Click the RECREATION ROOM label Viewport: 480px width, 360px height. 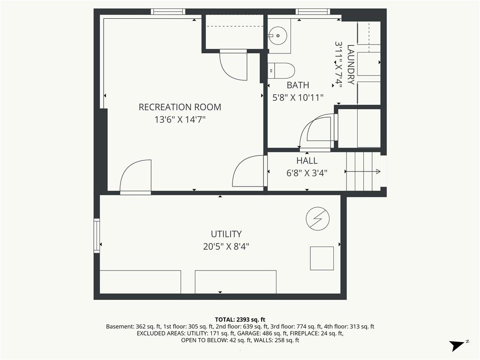pyautogui.click(x=180, y=107)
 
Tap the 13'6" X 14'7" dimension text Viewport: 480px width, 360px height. pyautogui.click(x=180, y=120)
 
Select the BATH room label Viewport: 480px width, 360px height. pyautogui.click(x=298, y=85)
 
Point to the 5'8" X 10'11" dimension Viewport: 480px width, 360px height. pyautogui.click(x=298, y=97)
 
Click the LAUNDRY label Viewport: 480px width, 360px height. pyautogui.click(x=351, y=65)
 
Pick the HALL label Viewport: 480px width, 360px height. pyautogui.click(x=307, y=161)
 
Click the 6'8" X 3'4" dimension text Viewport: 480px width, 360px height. pyautogui.click(x=307, y=173)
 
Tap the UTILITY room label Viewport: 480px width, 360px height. pyautogui.click(x=226, y=234)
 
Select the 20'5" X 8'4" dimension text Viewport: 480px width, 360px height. pyautogui.click(x=226, y=247)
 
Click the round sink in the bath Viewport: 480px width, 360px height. pyautogui.click(x=278, y=35)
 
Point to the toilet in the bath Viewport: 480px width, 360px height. pyautogui.click(x=281, y=71)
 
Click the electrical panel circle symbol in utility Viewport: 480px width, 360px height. pyautogui.click(x=318, y=219)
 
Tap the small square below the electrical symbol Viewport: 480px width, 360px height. pyautogui.click(x=322, y=258)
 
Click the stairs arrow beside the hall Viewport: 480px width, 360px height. pyautogui.click(x=363, y=172)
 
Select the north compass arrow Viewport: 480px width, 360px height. pyautogui.click(x=457, y=345)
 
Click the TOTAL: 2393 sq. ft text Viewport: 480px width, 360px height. pyautogui.click(x=240, y=320)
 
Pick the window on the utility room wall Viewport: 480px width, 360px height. pyautogui.click(x=97, y=236)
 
